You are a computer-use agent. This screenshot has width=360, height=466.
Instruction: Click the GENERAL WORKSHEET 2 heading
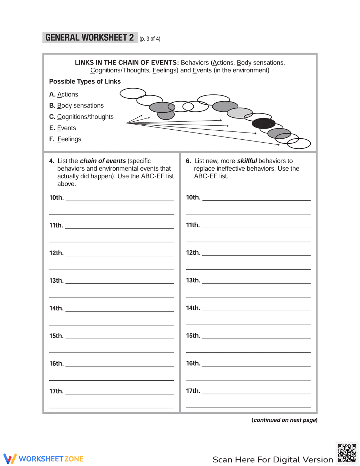tap(90, 37)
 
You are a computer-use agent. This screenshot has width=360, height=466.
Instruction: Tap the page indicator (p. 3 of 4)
tap(150, 39)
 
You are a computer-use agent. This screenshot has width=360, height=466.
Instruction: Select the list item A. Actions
tap(64, 94)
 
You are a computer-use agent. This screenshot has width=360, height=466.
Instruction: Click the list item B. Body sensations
tap(76, 106)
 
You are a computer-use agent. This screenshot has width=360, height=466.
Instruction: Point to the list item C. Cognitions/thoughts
tap(81, 117)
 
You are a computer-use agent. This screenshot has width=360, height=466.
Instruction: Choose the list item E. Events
tap(63, 128)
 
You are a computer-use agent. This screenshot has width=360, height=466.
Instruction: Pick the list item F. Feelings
tap(65, 139)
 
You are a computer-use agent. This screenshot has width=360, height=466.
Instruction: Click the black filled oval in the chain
tap(264, 123)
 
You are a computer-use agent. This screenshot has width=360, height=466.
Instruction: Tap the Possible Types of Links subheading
tap(85, 81)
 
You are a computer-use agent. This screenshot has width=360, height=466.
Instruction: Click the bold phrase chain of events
tap(103, 161)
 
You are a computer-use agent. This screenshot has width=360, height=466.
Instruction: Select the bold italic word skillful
tap(247, 161)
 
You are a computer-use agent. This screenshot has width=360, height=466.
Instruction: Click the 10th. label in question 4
tap(57, 198)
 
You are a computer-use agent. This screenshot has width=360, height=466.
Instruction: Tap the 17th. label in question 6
tap(193, 391)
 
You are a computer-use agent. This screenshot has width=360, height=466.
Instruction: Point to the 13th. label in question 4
tap(57, 281)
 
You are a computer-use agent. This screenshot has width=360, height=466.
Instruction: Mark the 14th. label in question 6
tap(193, 308)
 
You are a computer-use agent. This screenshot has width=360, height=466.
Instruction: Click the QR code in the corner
tap(347, 453)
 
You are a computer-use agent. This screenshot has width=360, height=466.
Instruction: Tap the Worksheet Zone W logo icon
tap(10, 458)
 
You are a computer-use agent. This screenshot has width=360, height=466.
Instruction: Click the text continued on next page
tap(284, 420)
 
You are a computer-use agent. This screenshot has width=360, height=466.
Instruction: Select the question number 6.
tap(188, 161)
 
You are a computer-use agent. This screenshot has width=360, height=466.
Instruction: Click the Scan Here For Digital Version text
tap(273, 460)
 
